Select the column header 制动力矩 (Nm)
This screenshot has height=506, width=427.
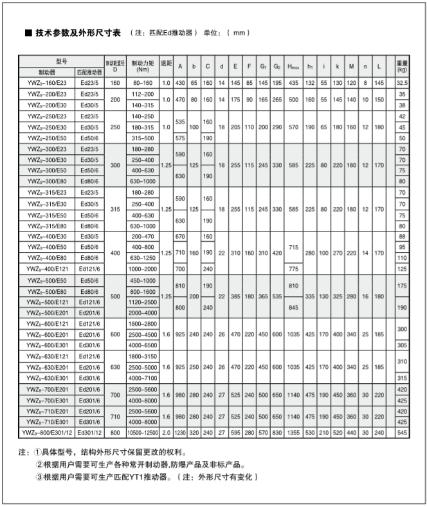pyautogui.click(x=143, y=66)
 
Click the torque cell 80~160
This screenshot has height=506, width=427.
pyautogui.click(x=143, y=83)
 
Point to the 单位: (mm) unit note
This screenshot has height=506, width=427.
pyautogui.click(x=226, y=33)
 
